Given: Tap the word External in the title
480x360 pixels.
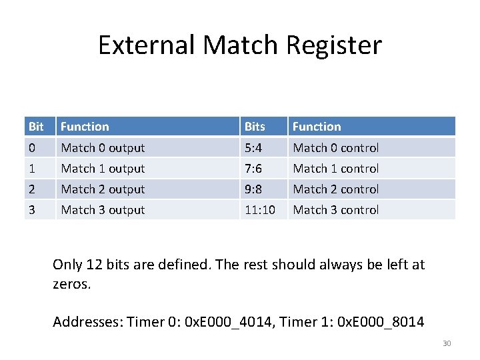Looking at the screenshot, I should (147, 45).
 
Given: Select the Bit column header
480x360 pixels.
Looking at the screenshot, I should (36, 127).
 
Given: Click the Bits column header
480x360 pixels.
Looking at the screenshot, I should (255, 127).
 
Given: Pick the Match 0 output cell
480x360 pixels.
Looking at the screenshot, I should (103, 148).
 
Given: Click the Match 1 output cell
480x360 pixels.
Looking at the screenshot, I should (103, 169).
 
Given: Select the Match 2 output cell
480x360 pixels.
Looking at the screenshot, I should (103, 189).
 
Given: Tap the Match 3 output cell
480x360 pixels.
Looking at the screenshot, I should (103, 210).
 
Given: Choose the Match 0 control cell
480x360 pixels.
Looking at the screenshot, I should (336, 148).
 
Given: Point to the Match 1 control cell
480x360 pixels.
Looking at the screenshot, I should (336, 169).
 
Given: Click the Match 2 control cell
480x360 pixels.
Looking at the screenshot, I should (336, 189).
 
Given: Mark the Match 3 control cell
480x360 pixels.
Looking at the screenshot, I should (336, 210).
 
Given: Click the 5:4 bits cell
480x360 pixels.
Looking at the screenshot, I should (253, 148).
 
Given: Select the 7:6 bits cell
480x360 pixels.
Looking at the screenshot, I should (253, 169).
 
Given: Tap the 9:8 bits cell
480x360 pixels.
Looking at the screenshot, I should (253, 189).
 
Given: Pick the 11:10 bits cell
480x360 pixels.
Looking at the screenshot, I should (259, 210).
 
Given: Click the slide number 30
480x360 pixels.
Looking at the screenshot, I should (447, 343).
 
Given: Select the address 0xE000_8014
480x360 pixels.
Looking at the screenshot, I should (381, 322).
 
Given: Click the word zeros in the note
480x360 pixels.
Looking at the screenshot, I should (71, 284).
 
